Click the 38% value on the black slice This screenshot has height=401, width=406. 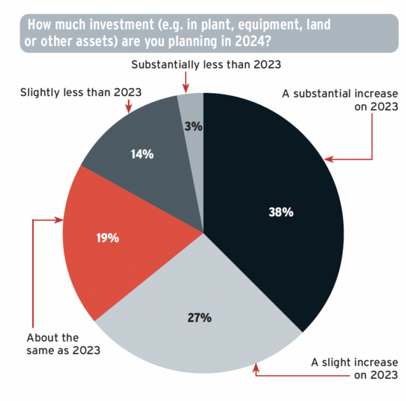(x=281, y=212)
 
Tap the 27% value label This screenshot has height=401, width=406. (x=199, y=318)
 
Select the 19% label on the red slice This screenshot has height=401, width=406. (x=108, y=238)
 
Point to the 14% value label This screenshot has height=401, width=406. (x=142, y=154)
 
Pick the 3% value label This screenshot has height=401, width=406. (x=193, y=127)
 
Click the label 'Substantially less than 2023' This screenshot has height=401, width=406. (x=206, y=64)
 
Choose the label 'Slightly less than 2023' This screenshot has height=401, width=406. (x=80, y=92)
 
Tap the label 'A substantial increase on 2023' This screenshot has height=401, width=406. (x=340, y=100)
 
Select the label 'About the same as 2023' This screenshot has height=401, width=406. (x=63, y=344)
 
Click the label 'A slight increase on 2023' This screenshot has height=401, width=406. (x=354, y=368)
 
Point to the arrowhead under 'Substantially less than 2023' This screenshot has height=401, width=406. (x=185, y=89)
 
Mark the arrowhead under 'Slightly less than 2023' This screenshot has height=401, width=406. (x=129, y=109)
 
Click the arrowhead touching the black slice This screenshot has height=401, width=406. (x=329, y=159)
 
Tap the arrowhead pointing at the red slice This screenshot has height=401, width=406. (x=59, y=220)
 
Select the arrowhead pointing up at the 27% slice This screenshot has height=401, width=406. (x=255, y=368)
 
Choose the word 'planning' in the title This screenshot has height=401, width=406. (x=192, y=42)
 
